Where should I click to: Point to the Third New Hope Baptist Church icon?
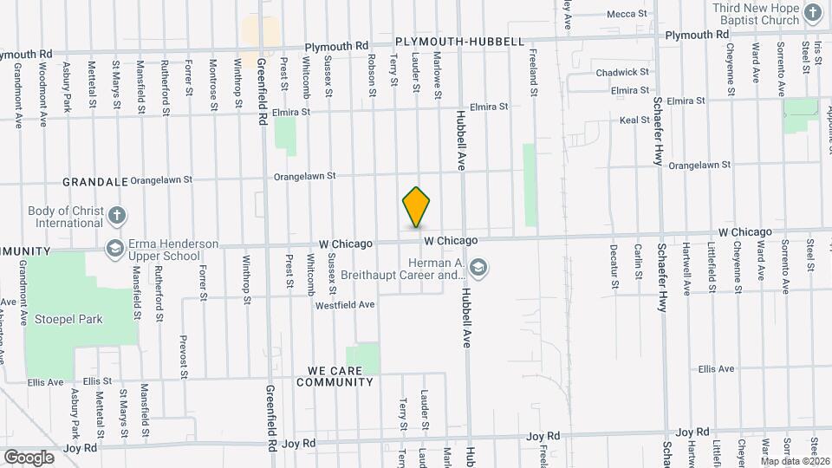[812, 13]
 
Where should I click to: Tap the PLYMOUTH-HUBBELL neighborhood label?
[458, 42]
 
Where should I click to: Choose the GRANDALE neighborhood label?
[95, 183]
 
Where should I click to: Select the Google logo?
[29, 457]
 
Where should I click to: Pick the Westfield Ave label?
[344, 305]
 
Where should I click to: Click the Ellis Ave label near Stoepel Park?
[44, 381]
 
